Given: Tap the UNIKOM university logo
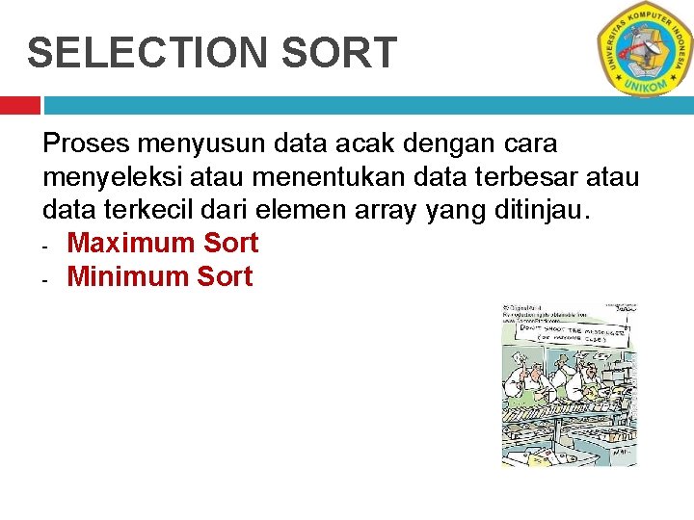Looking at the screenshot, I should pyautogui.click(x=644, y=48).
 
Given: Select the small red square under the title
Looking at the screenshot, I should pyautogui.click(x=19, y=105).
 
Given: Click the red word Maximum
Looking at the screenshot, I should pyautogui.click(x=131, y=243).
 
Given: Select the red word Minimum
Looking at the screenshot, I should pyautogui.click(x=128, y=276).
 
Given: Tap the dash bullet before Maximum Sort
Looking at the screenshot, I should pyautogui.click(x=46, y=247).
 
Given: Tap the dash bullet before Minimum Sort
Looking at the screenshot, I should pyautogui.click(x=46, y=280).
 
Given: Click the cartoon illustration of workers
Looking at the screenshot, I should pyautogui.click(x=569, y=385).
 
